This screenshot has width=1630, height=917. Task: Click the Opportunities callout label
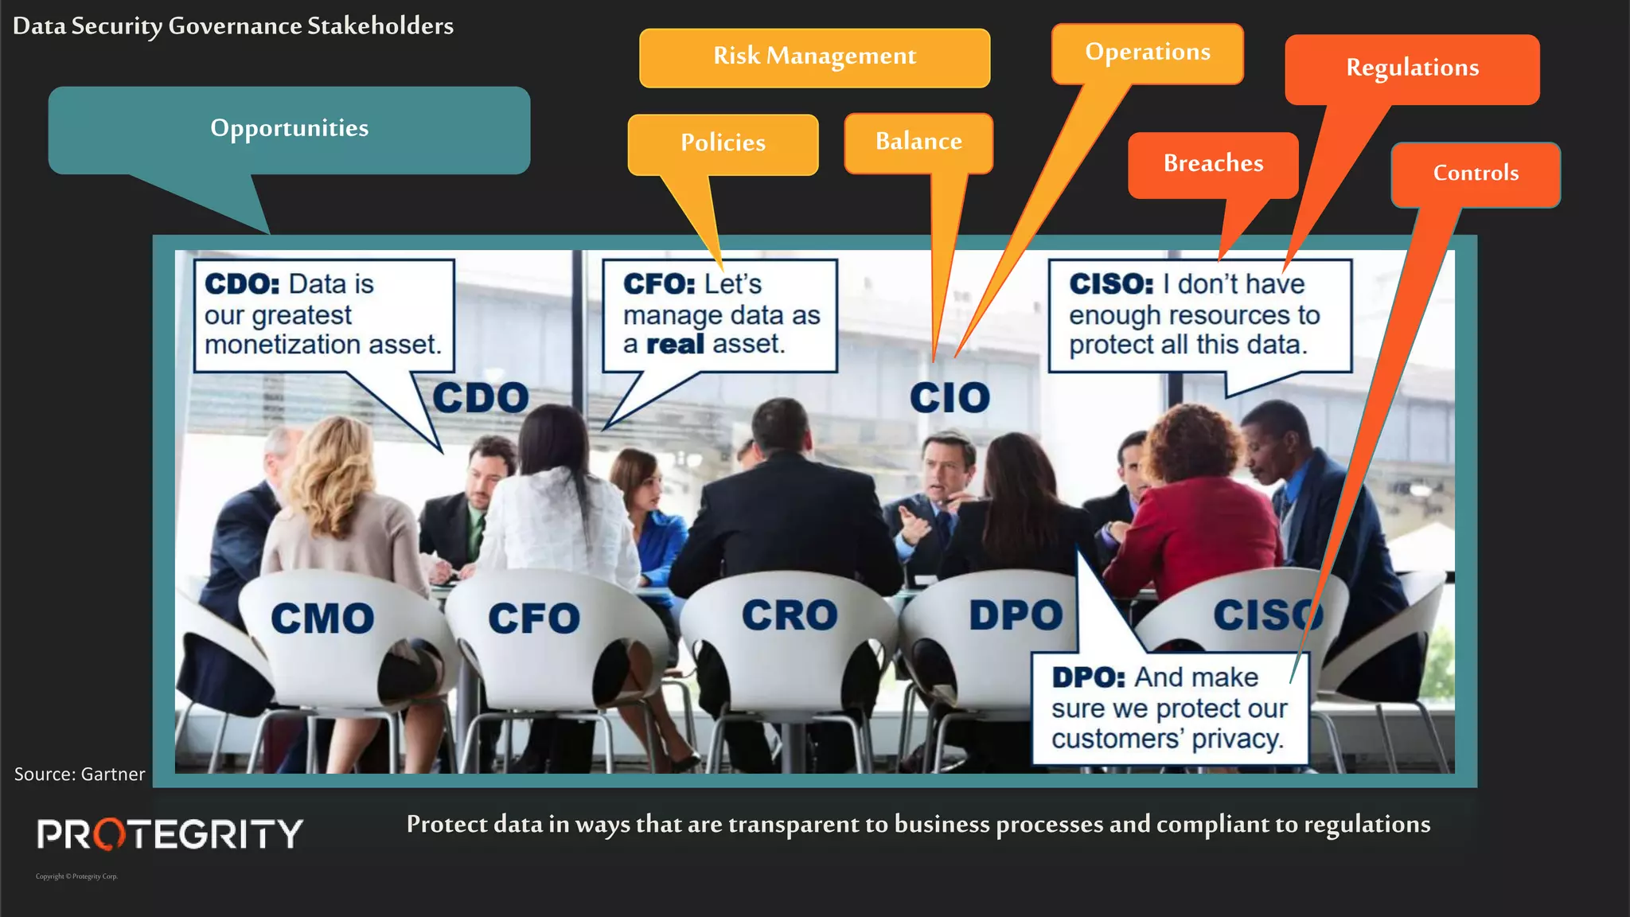pyautogui.click(x=289, y=129)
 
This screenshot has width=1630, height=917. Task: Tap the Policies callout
pyautogui.click(x=723, y=143)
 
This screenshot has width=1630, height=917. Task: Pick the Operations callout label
pyautogui.click(x=1147, y=53)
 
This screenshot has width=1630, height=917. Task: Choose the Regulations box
pyautogui.click(x=1412, y=68)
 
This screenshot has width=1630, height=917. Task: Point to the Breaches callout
pyautogui.click(x=1213, y=164)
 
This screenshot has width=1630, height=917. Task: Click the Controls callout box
pyautogui.click(x=1476, y=174)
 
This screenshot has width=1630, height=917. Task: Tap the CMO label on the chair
pyautogui.click(x=322, y=618)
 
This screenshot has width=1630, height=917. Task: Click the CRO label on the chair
pyautogui.click(x=790, y=615)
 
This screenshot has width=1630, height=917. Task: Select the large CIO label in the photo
pyautogui.click(x=950, y=397)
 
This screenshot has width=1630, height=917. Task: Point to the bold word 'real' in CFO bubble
pyautogui.click(x=675, y=345)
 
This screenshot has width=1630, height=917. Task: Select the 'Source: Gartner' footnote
pyautogui.click(x=80, y=775)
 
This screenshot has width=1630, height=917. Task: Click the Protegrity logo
pyautogui.click(x=170, y=834)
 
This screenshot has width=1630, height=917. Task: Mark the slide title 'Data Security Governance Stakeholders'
pyautogui.click(x=233, y=26)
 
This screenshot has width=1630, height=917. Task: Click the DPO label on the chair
pyautogui.click(x=1016, y=615)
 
